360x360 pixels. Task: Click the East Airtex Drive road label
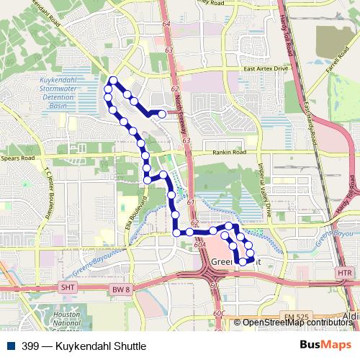pos(266,68)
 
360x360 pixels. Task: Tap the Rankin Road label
pos(229,153)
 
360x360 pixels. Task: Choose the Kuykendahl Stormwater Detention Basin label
pos(52,91)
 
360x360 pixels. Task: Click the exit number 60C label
pos(220,313)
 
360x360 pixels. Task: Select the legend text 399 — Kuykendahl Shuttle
pos(78,346)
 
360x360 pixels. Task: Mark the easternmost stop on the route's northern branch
pos(163,114)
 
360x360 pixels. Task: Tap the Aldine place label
pos(351,317)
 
